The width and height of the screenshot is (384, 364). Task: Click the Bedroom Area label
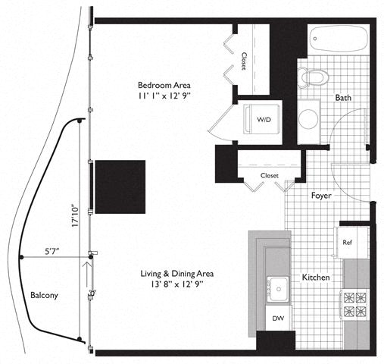pos(164,85)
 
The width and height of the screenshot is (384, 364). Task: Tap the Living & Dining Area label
pos(177,274)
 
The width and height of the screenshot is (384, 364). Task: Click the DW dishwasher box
pos(278,318)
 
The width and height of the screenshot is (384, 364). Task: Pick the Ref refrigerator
pos(351,243)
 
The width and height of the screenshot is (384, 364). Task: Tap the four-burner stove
pos(354,305)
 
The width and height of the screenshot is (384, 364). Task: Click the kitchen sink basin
pos(278,289)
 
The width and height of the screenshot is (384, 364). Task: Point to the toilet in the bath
pos(313,77)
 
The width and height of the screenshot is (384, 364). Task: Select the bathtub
pos(339,39)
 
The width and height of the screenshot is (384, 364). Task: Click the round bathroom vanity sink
pos(308,119)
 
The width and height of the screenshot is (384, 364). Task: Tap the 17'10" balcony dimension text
pos(75,215)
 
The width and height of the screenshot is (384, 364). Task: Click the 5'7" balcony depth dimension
pos(52,252)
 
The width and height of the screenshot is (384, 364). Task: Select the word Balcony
pos(44,295)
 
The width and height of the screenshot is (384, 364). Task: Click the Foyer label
pos(321,196)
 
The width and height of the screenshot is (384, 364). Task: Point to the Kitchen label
pos(316,278)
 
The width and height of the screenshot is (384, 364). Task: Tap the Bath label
pos(343,98)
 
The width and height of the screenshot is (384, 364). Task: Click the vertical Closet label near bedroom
pos(244,61)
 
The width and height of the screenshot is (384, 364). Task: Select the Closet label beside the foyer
pos(270,175)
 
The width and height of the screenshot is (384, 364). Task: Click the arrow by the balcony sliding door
pos(86,275)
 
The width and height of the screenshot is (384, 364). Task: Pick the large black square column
pos(120,187)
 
